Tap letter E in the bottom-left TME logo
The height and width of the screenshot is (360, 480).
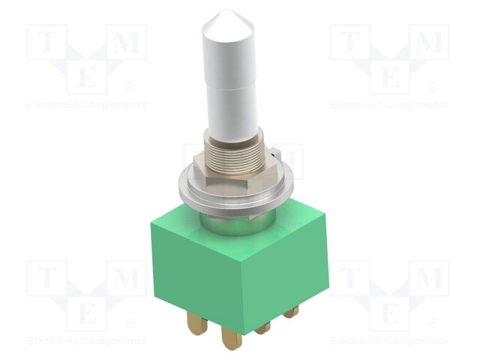(87, 311)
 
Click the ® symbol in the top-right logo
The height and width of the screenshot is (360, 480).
(433, 88)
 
